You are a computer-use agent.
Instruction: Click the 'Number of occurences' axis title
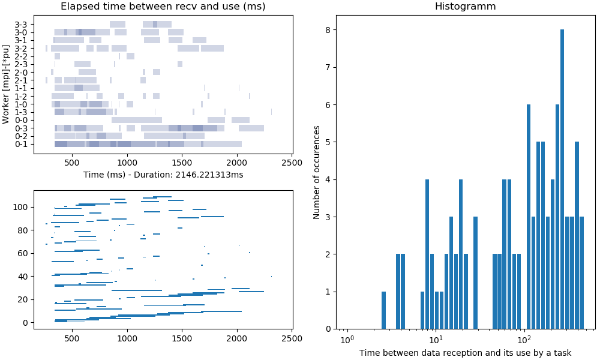pos(317,179)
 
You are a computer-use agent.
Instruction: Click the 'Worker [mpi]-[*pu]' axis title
pos(7,84)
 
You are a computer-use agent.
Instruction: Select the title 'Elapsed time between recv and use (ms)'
pos(163,7)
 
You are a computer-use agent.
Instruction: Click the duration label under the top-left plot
pos(163,175)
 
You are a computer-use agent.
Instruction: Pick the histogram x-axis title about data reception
pos(465,353)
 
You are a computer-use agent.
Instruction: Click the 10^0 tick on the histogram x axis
pos(346,340)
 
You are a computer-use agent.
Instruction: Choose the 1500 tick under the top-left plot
pos(182,162)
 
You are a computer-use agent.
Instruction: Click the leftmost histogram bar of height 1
pos(384,310)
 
